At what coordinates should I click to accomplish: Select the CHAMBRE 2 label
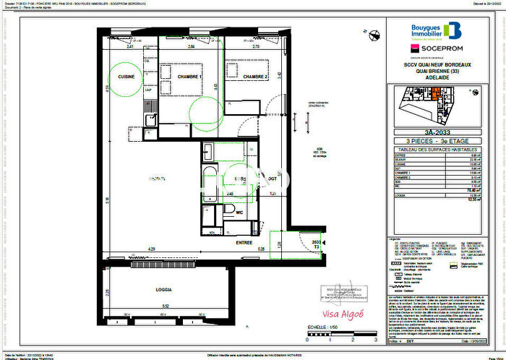pyautogui.click(x=255, y=77)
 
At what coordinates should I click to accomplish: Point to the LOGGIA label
pyautogui.click(x=163, y=289)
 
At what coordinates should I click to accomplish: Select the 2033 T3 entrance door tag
pyautogui.click(x=315, y=244)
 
